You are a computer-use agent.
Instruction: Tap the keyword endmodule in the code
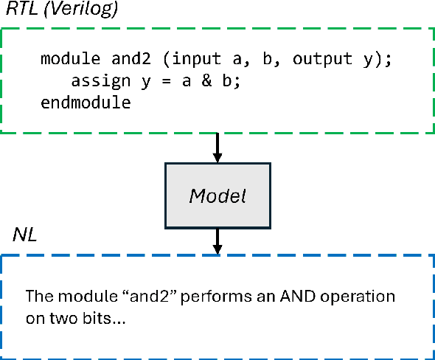pyautogui.click(x=86, y=102)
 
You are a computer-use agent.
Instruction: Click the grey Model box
pyautogui.click(x=217, y=196)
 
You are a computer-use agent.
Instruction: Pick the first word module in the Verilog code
pyautogui.click(x=64, y=59)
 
